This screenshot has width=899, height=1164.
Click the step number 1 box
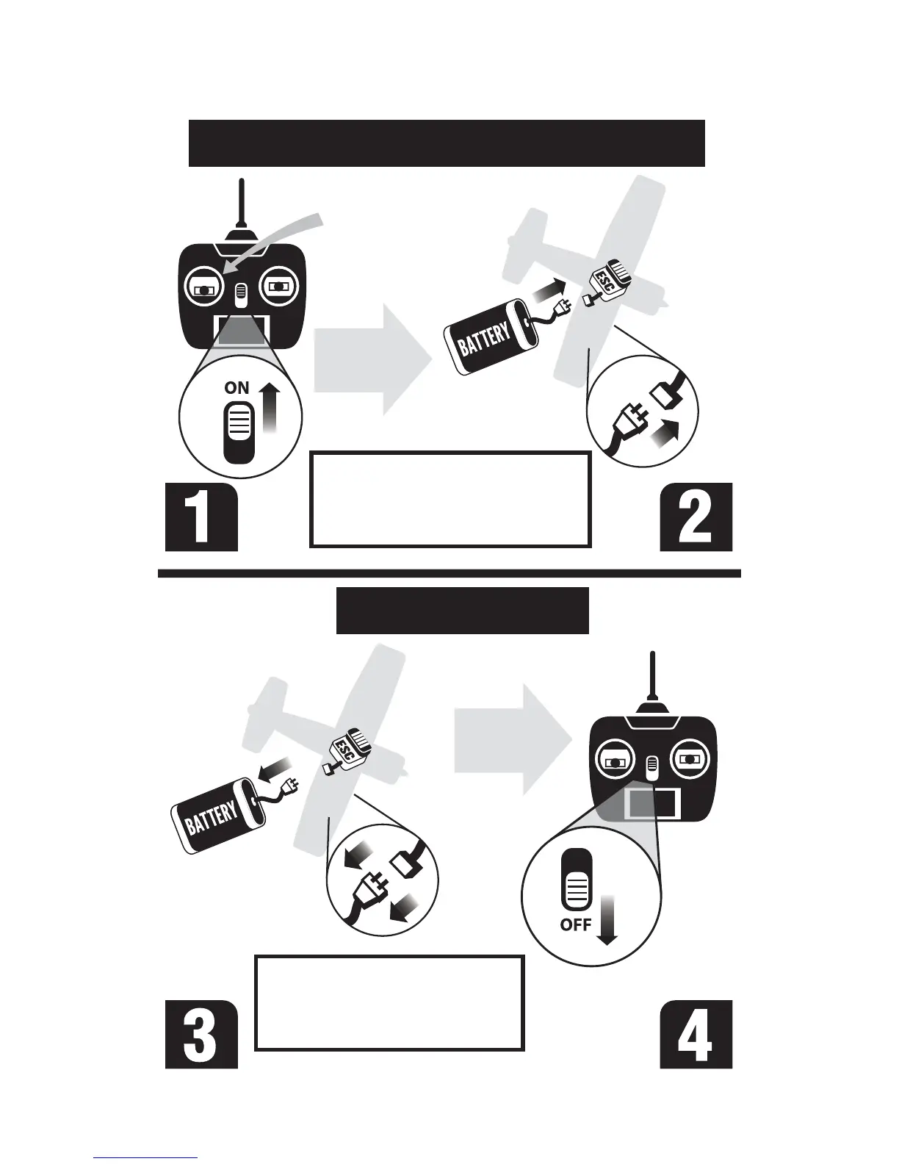tap(201, 517)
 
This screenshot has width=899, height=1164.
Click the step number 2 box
tap(696, 517)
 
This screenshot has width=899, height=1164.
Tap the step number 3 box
tap(201, 1034)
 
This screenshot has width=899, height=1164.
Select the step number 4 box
tap(696, 1034)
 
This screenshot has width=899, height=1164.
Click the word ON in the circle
tap(237, 388)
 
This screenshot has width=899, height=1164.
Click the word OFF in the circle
tap(576, 924)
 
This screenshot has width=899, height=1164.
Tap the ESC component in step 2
tap(611, 282)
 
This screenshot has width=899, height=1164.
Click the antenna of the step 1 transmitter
tap(242, 206)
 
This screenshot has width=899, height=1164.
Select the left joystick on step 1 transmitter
tap(202, 287)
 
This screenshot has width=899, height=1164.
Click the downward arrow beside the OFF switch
tap(607, 919)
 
